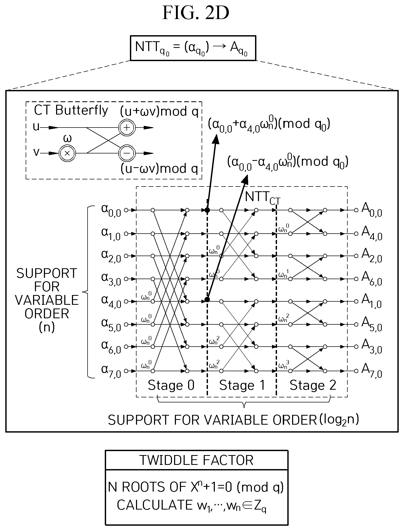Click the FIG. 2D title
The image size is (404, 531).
[x=196, y=13]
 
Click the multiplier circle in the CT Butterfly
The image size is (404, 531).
[x=67, y=153]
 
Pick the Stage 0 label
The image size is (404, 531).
[x=171, y=385]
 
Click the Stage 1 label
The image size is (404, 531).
[x=242, y=385]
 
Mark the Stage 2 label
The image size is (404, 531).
[x=313, y=385]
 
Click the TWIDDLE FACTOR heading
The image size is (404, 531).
[x=196, y=460]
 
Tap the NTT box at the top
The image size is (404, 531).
[x=193, y=48]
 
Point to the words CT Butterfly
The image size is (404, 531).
[x=71, y=111]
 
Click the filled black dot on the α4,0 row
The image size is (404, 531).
[x=207, y=299]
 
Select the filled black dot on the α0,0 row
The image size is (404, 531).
[x=207, y=210]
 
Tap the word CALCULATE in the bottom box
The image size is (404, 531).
[x=155, y=505]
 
